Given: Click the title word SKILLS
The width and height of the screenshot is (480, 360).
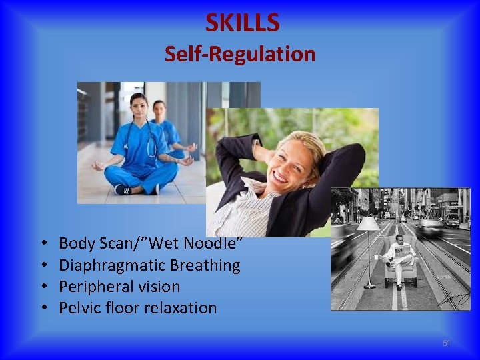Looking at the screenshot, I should pyautogui.click(x=242, y=23).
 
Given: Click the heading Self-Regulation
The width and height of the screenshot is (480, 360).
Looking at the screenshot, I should pyautogui.click(x=240, y=54).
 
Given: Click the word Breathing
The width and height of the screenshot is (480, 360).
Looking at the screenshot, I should pyautogui.click(x=205, y=265).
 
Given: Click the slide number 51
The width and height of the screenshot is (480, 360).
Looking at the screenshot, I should pyautogui.click(x=447, y=343).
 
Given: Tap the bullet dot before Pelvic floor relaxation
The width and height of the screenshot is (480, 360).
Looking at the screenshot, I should pyautogui.click(x=42, y=309).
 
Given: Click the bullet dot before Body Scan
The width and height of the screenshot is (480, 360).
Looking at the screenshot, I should pyautogui.click(x=42, y=245).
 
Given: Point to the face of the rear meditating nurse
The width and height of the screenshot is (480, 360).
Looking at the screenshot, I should pyautogui.click(x=159, y=109).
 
